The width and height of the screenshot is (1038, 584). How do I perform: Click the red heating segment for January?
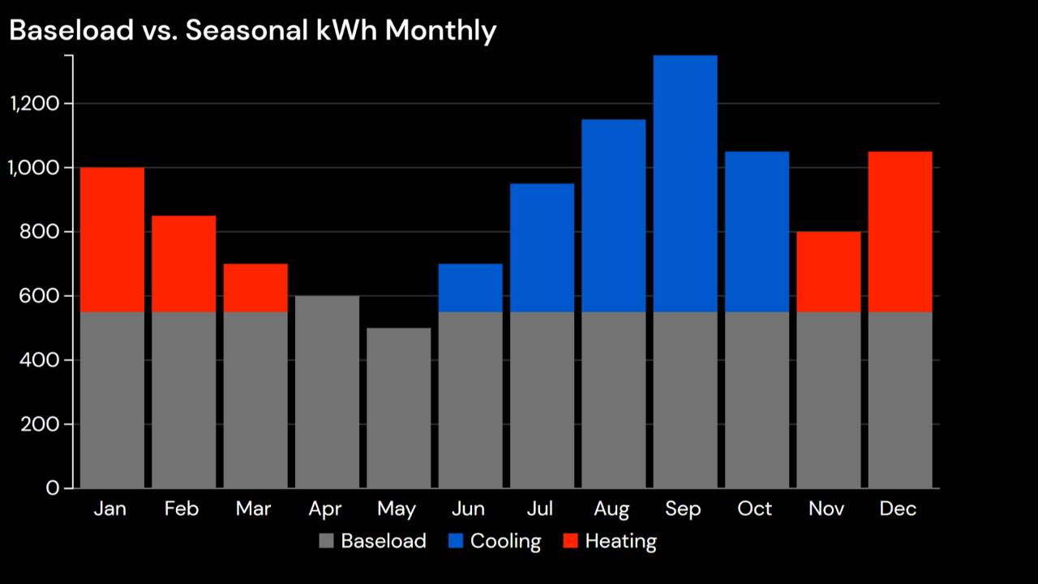[112, 239]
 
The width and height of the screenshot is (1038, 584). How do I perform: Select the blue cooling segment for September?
[685, 183]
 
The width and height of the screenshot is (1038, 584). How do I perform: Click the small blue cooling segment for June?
[470, 288]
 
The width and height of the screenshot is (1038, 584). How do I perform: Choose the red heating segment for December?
[900, 231]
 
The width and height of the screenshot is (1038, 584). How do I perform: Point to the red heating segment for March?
[255, 288]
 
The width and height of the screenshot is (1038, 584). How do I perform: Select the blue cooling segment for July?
[542, 247]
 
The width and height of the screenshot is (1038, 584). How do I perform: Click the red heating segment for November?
[828, 272]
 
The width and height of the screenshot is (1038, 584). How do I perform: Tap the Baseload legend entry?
[373, 541]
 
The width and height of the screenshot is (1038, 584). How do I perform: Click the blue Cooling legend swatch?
[456, 541]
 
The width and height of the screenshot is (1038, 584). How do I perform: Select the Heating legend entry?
[610, 541]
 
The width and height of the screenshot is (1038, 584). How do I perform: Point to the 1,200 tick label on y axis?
[34, 104]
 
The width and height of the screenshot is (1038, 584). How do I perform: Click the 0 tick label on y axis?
[53, 488]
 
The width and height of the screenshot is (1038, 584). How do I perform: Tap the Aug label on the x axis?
[611, 509]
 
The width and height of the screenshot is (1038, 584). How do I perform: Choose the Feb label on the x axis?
[182, 509]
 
